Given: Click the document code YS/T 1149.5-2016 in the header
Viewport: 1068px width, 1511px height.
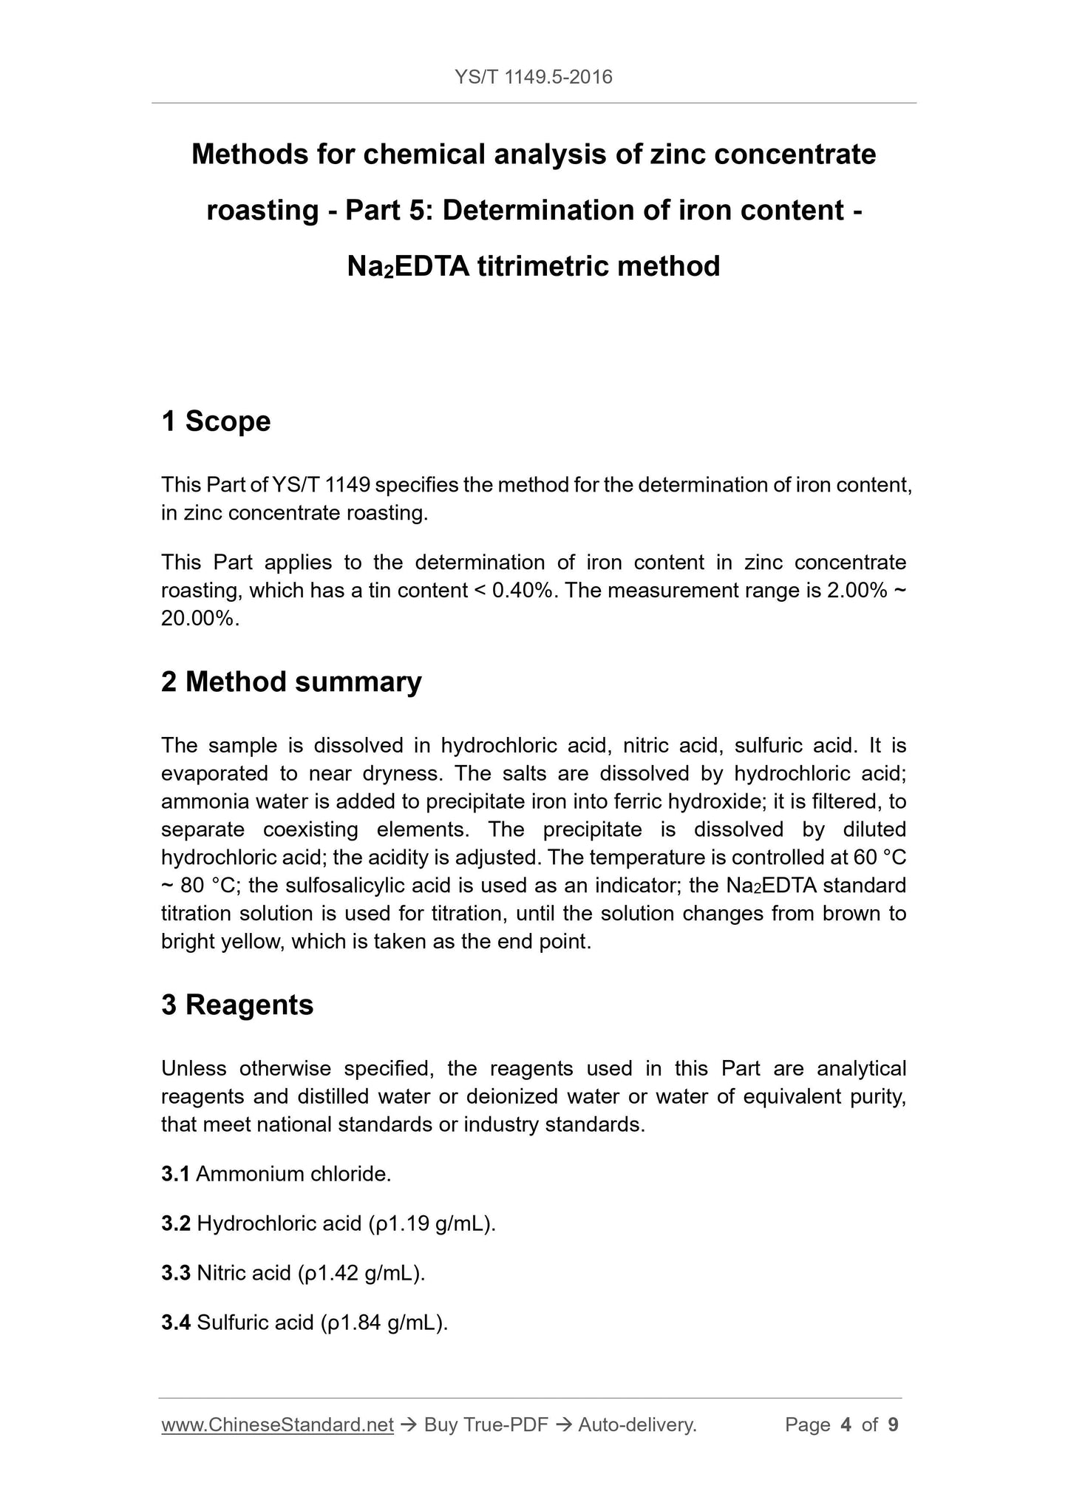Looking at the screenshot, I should point(533,77).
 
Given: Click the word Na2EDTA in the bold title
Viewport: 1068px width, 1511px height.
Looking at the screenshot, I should point(407,266).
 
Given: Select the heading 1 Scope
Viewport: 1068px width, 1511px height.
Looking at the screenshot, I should point(216,421).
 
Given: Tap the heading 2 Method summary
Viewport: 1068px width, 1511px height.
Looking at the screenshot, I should point(291,682).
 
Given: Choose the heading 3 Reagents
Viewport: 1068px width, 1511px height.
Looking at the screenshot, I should point(237,1005).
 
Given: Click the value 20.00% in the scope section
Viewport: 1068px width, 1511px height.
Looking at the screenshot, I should point(199,619).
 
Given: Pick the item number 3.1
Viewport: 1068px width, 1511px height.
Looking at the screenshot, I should point(175,1174).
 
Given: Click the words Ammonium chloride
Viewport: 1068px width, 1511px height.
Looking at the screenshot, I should point(293,1174).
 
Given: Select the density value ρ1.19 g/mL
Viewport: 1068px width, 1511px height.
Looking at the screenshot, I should point(431,1223).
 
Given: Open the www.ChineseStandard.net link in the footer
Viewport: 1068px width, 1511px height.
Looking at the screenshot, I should point(277,1425).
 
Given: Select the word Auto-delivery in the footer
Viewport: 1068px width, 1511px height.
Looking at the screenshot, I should point(637,1425).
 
